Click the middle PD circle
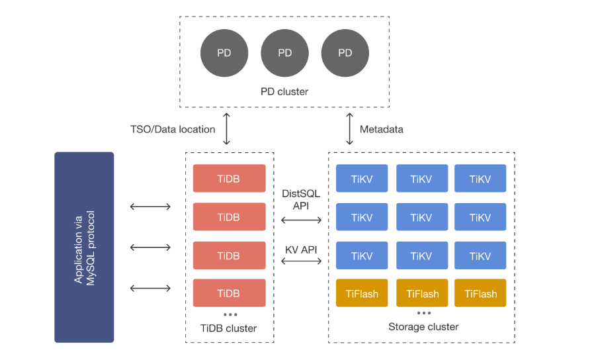coord(284,54)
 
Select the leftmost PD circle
coord(224,54)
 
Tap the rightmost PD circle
coord(345,54)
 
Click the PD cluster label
coord(284,91)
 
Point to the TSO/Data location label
coord(173,129)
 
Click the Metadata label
coord(381,129)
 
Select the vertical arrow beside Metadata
coord(350,129)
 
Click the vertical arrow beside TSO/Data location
coord(227,129)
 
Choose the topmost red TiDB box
coord(229,179)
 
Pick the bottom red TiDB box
coord(229,293)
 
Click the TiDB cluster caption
coord(229,328)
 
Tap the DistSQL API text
coord(302,199)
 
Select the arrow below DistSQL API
coord(302,220)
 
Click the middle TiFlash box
coord(422,293)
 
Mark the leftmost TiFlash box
coord(362,293)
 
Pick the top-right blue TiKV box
coord(480,179)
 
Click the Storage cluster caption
coord(423,326)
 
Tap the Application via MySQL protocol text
coord(85,247)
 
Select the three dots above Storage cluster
coord(423,312)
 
